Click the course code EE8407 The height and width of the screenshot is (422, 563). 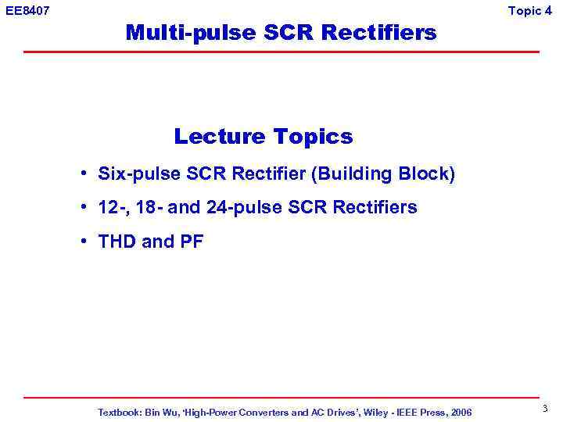point(27,10)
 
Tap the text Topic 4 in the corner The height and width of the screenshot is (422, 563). point(535,10)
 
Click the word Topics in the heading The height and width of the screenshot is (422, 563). point(313,137)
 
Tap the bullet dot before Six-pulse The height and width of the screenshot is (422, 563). point(82,173)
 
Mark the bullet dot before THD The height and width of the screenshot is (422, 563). point(82,241)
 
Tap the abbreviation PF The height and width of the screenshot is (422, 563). point(192,241)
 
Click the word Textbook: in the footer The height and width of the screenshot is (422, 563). point(120,412)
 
